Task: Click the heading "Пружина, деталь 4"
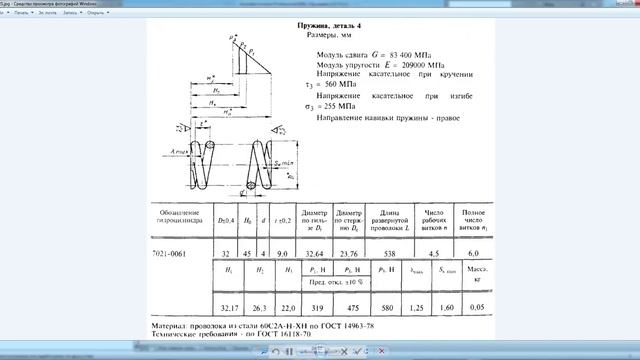343,23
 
